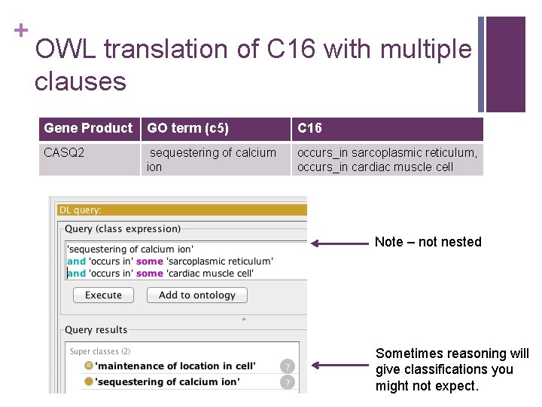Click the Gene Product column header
pos(88,128)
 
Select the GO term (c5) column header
pos(188,128)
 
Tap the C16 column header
pos(310,128)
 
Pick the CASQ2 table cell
pos(65,153)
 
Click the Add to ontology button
pos(197,295)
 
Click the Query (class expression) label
pos(123,229)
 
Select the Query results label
pos(96,330)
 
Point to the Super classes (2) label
pos(100,351)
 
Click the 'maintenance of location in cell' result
pos(175,366)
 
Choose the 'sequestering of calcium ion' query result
pos(167,381)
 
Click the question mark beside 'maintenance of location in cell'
pos(286,367)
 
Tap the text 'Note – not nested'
pos(428,242)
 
